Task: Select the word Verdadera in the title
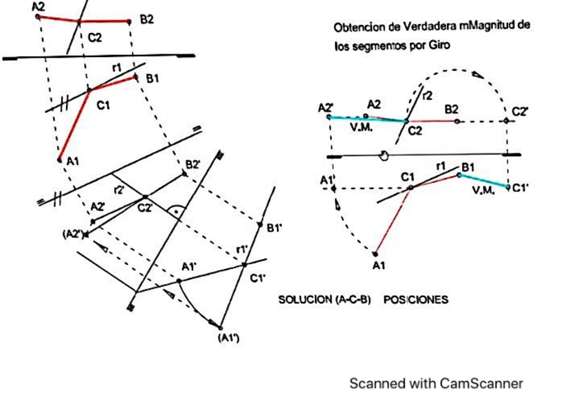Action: tap(413, 27)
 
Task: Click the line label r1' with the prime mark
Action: tap(241, 249)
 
